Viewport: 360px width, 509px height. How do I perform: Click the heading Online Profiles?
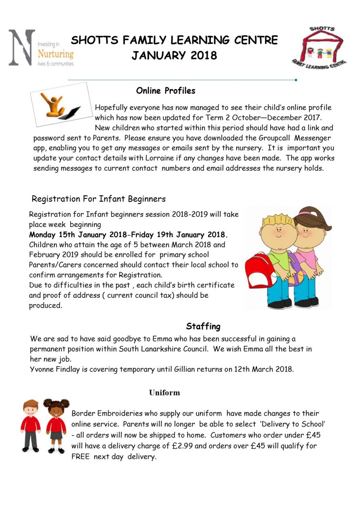point(166,90)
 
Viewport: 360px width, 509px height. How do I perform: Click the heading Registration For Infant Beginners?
point(99,199)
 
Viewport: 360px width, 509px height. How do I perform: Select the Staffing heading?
point(203,326)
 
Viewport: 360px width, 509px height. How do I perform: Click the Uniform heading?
point(164,393)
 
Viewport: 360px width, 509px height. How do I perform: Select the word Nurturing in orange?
point(55,54)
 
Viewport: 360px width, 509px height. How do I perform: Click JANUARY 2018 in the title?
point(174,55)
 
